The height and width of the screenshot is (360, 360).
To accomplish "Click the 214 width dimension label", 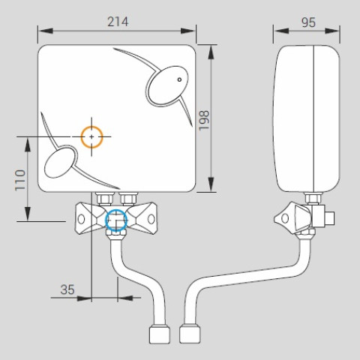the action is click(x=118, y=22).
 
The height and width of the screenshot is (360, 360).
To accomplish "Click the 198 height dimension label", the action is click(x=204, y=120).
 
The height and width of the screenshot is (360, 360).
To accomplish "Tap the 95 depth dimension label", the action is click(x=308, y=22).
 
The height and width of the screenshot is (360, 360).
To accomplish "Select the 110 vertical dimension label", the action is click(x=20, y=180).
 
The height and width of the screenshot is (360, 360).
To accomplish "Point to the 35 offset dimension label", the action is click(x=67, y=289).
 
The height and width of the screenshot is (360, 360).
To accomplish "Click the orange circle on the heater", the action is click(x=91, y=126).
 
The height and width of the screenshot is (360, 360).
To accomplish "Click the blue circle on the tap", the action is click(x=116, y=210).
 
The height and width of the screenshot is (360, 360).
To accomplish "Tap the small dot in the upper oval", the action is click(x=179, y=79).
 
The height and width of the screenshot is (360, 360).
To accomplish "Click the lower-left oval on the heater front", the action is click(x=60, y=162).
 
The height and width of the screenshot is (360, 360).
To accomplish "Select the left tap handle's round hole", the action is click(x=81, y=219).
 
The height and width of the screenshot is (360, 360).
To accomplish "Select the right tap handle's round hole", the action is click(x=151, y=219).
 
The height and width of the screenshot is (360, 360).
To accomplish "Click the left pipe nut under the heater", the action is click(x=105, y=199).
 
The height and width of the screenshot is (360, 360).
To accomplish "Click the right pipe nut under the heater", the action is click(x=129, y=199).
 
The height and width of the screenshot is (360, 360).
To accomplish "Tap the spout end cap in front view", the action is click(x=160, y=334).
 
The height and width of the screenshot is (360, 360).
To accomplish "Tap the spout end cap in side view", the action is click(x=190, y=334).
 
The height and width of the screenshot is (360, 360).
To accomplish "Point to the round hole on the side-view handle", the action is click(x=285, y=218).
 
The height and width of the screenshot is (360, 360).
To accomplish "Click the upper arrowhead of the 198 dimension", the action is click(x=211, y=52).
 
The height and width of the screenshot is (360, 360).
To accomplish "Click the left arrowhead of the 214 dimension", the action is click(x=46, y=31).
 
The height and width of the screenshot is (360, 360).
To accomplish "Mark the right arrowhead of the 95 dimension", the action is click(x=332, y=31).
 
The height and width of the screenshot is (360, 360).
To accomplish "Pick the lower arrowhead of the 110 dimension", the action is click(x=28, y=214).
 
